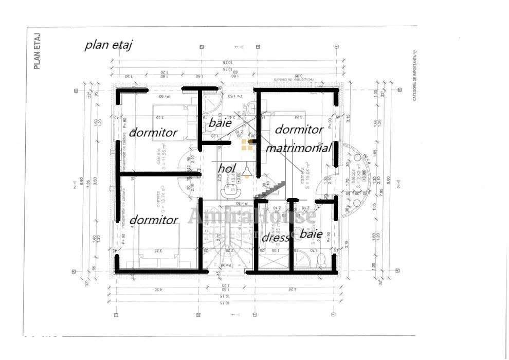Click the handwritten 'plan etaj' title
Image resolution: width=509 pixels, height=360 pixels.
[x=108, y=45]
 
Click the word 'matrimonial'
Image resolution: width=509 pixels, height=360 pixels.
[x=298, y=148]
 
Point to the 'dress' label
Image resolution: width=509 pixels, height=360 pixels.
[x=275, y=238]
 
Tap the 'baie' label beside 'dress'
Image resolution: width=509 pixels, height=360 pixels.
[x=311, y=234]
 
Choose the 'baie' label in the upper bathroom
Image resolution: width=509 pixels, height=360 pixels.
[x=220, y=123]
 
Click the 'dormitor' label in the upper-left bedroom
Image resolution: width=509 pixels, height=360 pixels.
[x=153, y=132]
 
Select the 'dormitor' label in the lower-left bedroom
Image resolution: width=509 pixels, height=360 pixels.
[x=153, y=220]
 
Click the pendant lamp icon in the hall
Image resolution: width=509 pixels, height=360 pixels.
[x=247, y=171]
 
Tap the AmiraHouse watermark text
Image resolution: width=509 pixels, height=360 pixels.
[x=251, y=217]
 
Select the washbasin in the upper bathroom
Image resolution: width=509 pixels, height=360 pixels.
[x=251, y=107]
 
